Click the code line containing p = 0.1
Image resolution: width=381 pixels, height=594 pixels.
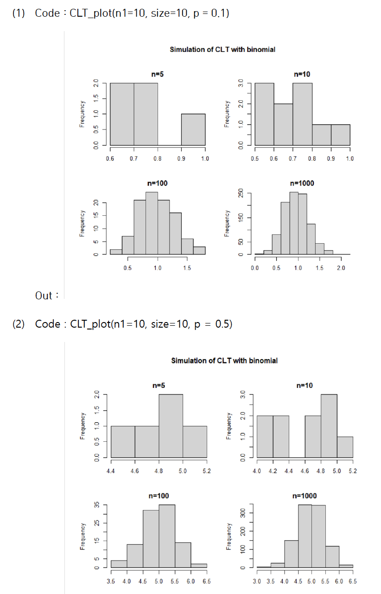coord(132,13)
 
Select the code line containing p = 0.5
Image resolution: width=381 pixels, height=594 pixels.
coord(133,323)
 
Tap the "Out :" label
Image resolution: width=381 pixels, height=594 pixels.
coord(46,296)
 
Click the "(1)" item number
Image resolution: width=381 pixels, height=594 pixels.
coord(19,13)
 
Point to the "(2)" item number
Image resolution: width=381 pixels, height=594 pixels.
coord(19,323)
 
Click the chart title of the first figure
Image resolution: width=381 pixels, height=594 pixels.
coord(222,49)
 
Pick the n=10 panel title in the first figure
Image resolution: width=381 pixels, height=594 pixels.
coord(302,74)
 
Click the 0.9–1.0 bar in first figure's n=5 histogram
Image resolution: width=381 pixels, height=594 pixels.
coord(193,129)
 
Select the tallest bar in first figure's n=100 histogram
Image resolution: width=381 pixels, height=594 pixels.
coord(152,223)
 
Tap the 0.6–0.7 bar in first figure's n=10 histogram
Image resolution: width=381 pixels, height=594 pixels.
coord(283,124)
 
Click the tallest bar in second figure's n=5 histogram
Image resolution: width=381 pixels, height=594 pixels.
coord(171,426)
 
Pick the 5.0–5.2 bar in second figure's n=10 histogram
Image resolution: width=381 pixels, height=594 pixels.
coord(345,447)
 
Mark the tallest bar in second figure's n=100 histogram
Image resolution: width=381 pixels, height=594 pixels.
coord(167,536)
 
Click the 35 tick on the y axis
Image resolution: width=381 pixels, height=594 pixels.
coord(96,505)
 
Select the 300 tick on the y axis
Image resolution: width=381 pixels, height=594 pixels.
coord(241,513)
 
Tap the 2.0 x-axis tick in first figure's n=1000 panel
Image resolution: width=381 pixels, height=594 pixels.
coord(341,268)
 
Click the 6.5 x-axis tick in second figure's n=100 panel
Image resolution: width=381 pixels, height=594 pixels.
coord(206,581)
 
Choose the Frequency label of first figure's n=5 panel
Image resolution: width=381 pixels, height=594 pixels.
coord(83,114)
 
